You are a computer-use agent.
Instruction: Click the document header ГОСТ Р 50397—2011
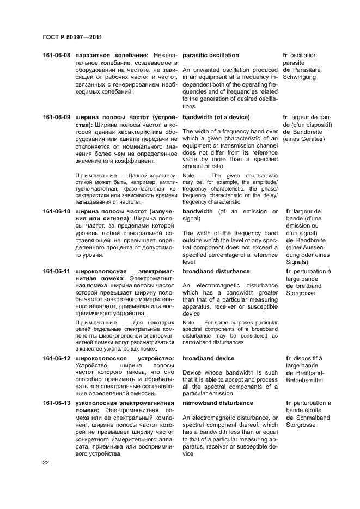pyautogui.click(x=72, y=38)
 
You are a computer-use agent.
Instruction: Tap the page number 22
pyautogui.click(x=46, y=462)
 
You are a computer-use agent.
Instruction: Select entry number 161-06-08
pyautogui.click(x=57, y=56)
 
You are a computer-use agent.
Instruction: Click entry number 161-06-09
pyautogui.click(x=57, y=117)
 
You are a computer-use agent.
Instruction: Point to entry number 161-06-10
pyautogui.click(x=57, y=211)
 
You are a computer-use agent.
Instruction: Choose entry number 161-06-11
pyautogui.click(x=57, y=271)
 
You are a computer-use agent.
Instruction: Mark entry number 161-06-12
pyautogui.click(x=57, y=358)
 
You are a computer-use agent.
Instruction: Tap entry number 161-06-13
pyautogui.click(x=57, y=403)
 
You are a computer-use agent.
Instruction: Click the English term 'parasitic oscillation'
pyautogui.click(x=211, y=56)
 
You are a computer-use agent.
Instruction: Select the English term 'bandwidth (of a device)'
pyautogui.click(x=216, y=117)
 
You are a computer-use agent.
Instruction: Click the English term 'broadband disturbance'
pyautogui.click(x=216, y=271)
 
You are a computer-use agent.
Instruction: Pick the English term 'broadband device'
pyautogui.click(x=209, y=358)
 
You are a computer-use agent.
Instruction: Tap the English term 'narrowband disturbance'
pyautogui.click(x=218, y=403)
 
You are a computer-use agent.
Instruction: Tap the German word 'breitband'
pyautogui.click(x=308, y=286)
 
